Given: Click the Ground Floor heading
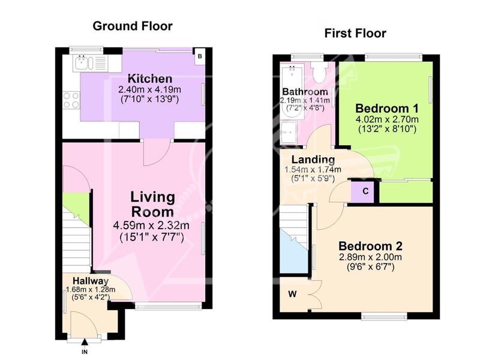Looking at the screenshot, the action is [133, 26].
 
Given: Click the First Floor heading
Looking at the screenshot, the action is [355, 33].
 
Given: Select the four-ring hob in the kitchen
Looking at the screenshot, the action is [71, 100].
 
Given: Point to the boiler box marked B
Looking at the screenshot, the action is [200, 56].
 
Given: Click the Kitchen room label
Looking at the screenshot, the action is [149, 79].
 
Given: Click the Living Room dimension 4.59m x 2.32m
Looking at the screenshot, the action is [151, 226].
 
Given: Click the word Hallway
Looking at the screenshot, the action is [91, 281].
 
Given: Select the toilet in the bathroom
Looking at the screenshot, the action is [318, 71].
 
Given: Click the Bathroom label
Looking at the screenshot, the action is [305, 92].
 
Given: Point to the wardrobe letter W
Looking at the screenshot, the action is [292, 294].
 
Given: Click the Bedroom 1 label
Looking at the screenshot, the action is [387, 109].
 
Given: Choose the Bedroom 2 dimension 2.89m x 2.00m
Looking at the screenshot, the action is [370, 257].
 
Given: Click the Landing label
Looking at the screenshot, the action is [313, 160].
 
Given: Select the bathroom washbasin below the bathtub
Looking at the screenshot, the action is [289, 133].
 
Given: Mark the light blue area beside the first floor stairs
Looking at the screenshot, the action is [293, 253].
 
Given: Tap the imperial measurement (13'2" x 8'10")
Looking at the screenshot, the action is [387, 129].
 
